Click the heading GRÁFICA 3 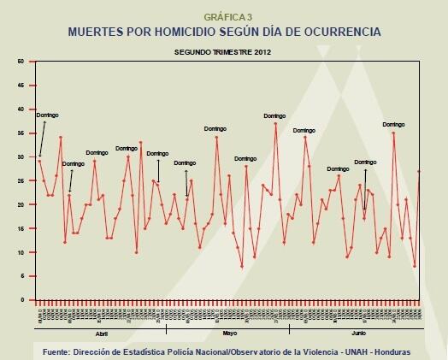click(x=224, y=16)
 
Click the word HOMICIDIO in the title click(x=179, y=32)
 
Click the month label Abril click(x=100, y=333)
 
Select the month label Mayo click(x=228, y=333)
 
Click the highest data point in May click(x=275, y=124)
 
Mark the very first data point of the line click(x=39, y=161)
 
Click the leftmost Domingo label click(x=45, y=113)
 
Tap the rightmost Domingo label click(x=392, y=125)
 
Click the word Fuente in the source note click(x=61, y=351)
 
